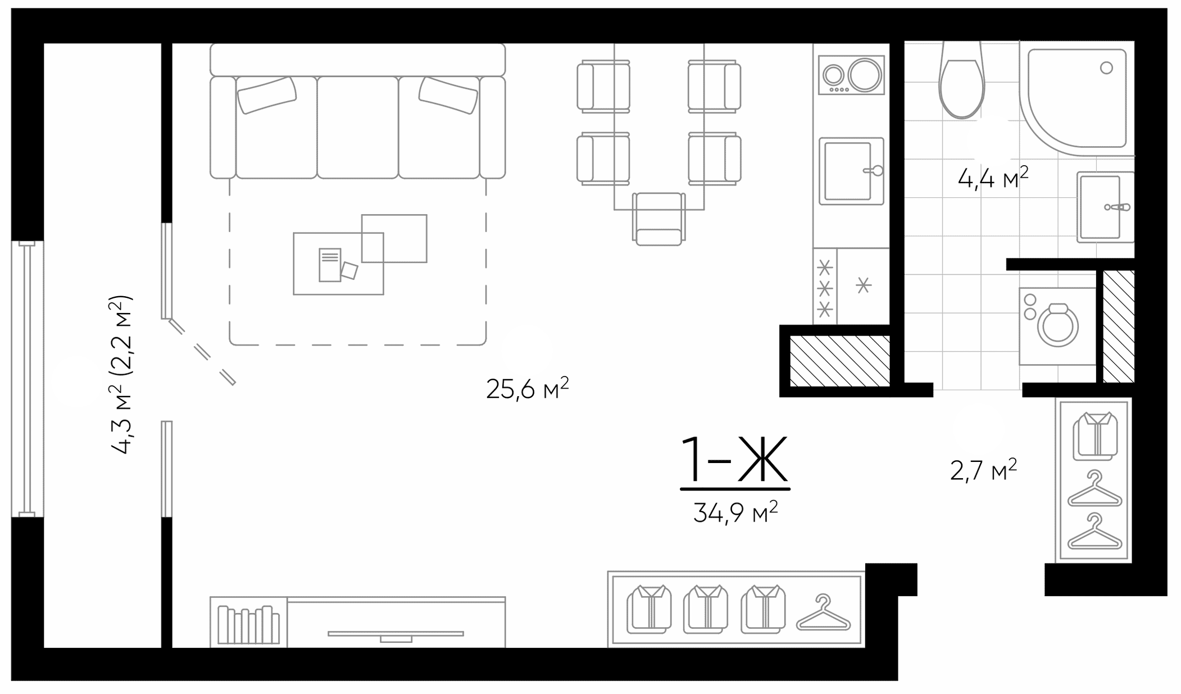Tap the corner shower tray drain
(1106, 68)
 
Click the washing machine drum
(1058, 326)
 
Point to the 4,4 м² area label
(992, 179)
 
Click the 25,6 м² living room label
(527, 388)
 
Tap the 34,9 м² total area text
(735, 512)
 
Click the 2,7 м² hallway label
(983, 470)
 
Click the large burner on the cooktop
(864, 75)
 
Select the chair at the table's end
(658, 219)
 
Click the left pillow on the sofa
(267, 95)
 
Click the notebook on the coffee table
(330, 265)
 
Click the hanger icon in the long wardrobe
(823, 613)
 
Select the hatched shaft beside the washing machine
(1118, 326)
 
